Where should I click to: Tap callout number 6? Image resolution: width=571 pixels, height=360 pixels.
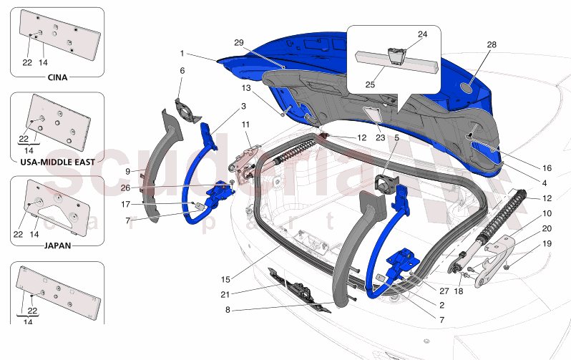[x=182, y=71]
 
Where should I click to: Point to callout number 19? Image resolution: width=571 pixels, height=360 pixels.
[x=547, y=244]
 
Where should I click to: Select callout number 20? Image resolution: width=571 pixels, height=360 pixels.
[x=547, y=229]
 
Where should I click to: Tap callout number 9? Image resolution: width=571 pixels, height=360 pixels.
[x=127, y=171]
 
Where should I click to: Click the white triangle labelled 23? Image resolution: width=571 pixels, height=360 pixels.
[x=371, y=112]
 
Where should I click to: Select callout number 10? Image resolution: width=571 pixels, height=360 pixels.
[x=547, y=213]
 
